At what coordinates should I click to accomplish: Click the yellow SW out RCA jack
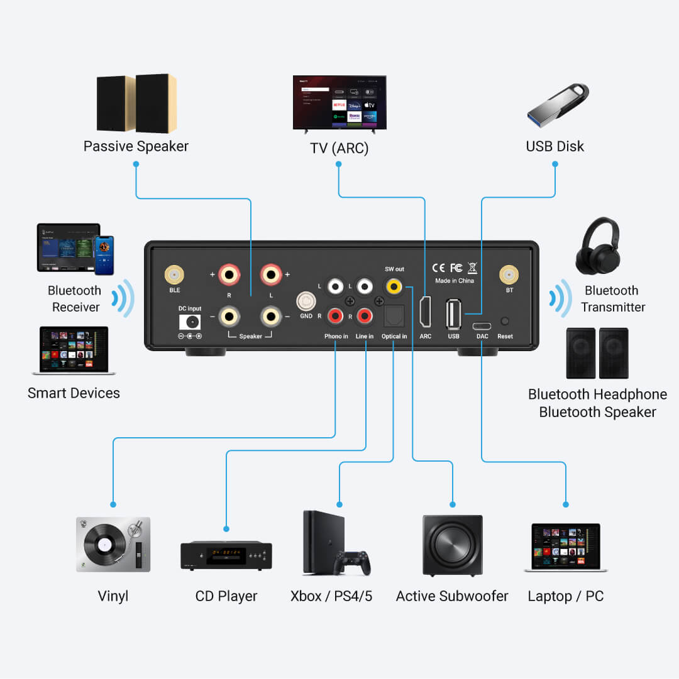pos(394,286)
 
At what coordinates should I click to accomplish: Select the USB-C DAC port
pos(482,326)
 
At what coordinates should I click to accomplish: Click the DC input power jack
pos(190,322)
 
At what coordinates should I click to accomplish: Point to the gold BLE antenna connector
pos(174,274)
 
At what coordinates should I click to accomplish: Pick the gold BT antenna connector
pos(509,274)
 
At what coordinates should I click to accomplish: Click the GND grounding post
pos(306,301)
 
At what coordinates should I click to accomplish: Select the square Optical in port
pos(394,314)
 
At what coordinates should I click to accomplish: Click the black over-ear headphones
pos(597,246)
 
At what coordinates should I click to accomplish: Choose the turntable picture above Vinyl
pos(113,544)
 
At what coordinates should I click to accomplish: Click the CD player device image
pos(226,555)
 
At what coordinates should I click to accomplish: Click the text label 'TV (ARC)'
pos(339,149)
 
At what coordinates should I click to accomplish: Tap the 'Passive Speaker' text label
pos(136,146)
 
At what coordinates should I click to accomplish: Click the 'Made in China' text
pos(455,281)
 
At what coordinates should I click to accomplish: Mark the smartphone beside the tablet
pos(104,255)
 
